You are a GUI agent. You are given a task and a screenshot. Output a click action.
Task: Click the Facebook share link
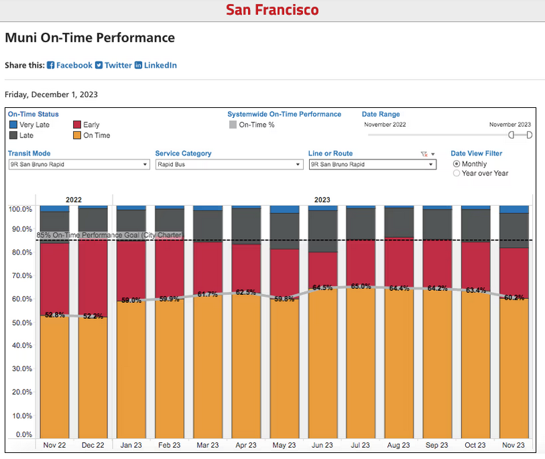click(70, 65)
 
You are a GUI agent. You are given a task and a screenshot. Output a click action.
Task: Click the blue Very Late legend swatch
click(13, 125)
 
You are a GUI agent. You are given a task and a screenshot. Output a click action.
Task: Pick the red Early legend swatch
click(77, 125)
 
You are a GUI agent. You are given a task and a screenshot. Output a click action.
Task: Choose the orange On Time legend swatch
click(77, 135)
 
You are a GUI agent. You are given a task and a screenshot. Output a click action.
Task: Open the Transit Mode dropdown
click(78, 164)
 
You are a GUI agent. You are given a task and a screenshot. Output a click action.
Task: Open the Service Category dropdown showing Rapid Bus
click(228, 164)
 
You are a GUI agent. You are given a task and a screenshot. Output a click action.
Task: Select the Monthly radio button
click(457, 163)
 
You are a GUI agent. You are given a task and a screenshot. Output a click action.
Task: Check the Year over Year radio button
click(457, 173)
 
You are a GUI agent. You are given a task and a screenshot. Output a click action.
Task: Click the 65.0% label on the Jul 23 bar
click(361, 286)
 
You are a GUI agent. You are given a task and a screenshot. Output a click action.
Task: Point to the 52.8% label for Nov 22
click(54, 314)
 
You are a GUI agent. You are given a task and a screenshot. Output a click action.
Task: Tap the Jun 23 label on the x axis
click(322, 445)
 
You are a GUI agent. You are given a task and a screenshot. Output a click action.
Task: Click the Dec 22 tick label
click(93, 445)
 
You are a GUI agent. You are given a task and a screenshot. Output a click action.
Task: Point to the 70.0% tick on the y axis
click(20, 275)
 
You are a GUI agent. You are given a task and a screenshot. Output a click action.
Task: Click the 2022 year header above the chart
click(74, 200)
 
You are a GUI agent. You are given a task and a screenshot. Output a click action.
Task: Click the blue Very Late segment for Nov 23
click(514, 209)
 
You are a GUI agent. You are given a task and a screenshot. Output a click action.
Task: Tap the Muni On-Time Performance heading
click(90, 38)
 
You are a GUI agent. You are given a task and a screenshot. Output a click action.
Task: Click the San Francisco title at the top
click(272, 10)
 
